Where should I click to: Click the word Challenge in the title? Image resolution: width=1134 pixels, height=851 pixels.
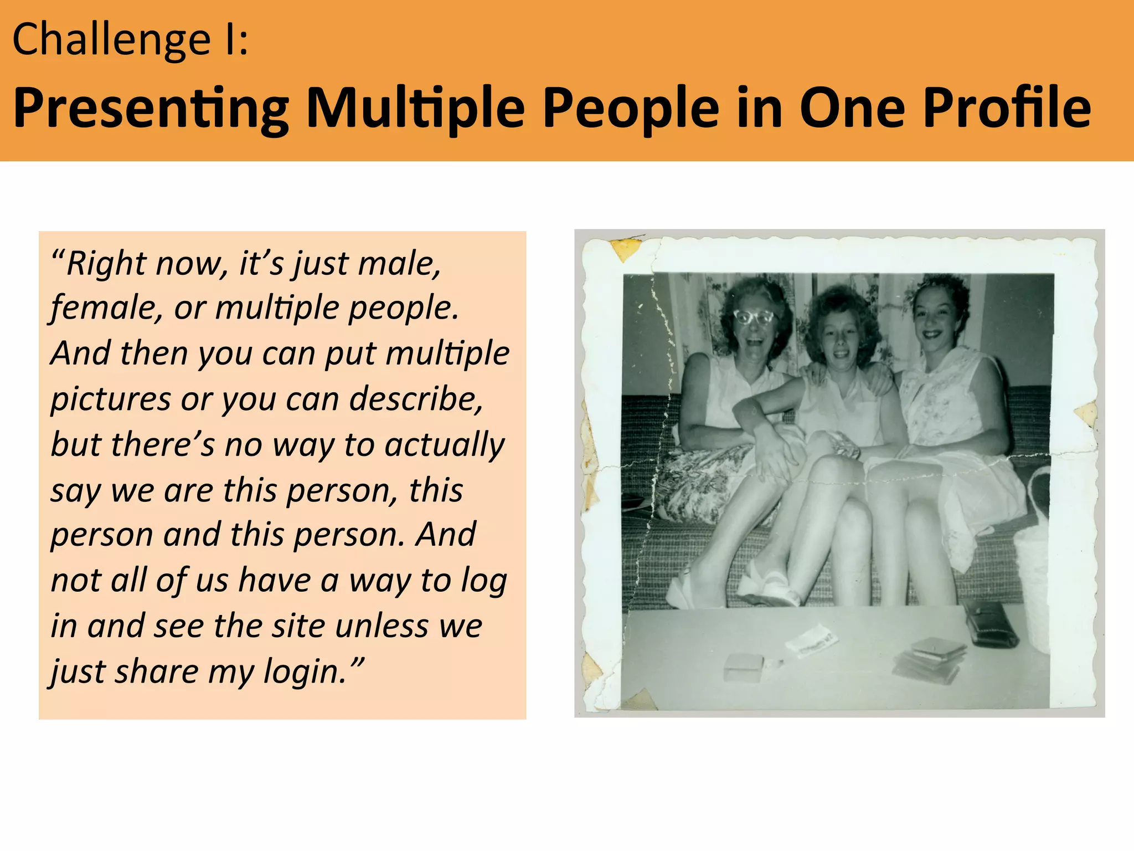coord(111,40)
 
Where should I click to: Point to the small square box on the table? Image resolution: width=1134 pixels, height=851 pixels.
coord(743,667)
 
